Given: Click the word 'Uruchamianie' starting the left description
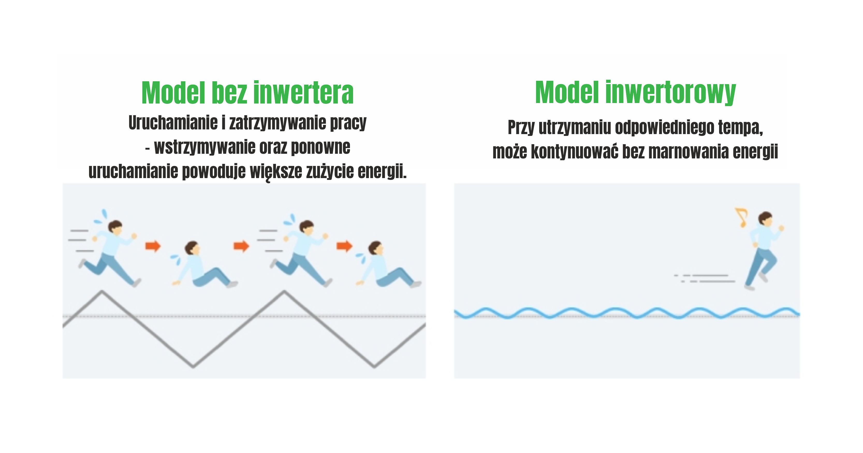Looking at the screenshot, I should (173, 123).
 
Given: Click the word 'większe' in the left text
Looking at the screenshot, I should (276, 172).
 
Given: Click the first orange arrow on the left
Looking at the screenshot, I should (153, 246).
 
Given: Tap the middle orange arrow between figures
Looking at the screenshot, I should (241, 246).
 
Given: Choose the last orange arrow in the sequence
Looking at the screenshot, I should (344, 246).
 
